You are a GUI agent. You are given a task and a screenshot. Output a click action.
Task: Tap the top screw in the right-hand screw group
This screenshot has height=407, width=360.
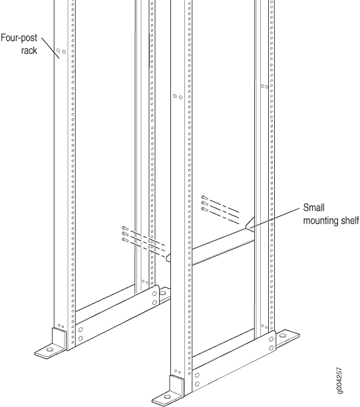pos(204,198)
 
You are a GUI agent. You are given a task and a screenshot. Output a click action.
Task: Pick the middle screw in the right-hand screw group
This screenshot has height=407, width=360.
pos(204,203)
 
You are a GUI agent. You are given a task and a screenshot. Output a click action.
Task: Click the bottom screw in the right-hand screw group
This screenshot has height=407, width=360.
pos(204,209)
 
